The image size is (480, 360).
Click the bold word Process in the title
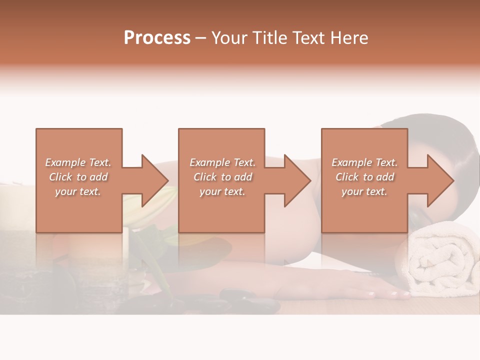(157, 38)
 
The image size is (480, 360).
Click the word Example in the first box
(65, 162)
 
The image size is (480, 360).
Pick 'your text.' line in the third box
(364, 191)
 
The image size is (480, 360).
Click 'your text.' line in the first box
(77, 191)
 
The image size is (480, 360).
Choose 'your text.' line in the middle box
(222, 191)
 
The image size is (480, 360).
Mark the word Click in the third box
(346, 177)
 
